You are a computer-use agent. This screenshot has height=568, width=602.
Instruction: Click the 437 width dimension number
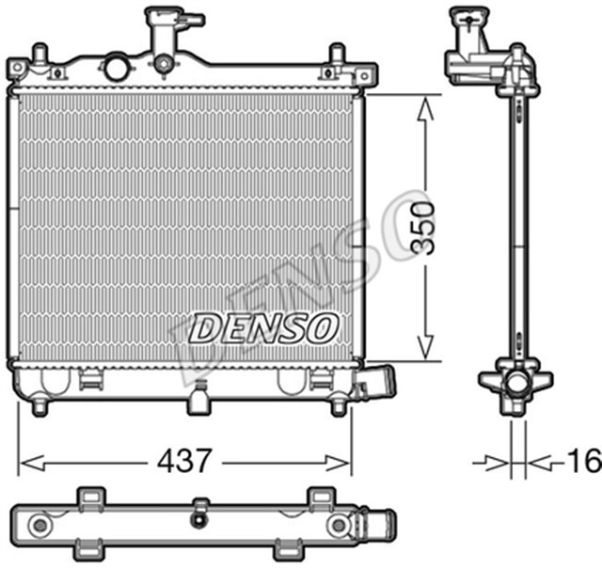click(x=183, y=461)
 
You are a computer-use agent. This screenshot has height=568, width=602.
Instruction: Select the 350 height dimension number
click(x=424, y=228)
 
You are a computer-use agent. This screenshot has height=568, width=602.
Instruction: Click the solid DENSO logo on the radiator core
click(x=264, y=328)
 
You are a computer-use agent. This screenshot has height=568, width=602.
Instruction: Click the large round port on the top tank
click(x=117, y=68)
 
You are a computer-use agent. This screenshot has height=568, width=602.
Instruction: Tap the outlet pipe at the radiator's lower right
click(x=378, y=384)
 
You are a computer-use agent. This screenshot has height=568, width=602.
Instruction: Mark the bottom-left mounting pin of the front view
click(x=40, y=406)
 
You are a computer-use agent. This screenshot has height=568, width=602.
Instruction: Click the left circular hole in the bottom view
click(x=40, y=523)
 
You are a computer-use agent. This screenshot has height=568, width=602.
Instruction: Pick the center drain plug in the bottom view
click(x=198, y=520)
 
